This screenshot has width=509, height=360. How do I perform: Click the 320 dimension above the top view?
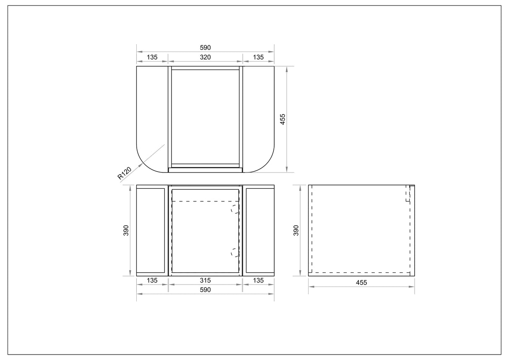pos(205,57)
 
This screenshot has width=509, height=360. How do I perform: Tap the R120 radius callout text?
pos(124,173)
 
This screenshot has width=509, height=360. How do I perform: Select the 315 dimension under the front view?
pos(205,281)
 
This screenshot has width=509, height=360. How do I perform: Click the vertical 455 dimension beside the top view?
pos(283,119)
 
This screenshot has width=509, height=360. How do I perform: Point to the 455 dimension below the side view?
pos(361,283)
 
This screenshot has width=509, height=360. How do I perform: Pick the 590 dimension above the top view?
pos(205,48)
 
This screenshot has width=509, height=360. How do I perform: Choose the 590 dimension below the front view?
pos(205,290)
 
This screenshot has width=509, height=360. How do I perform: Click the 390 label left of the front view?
pos(126,230)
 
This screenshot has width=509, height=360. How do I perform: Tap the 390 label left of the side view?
pos(296,230)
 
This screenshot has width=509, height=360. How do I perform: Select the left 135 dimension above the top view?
pos(152,57)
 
